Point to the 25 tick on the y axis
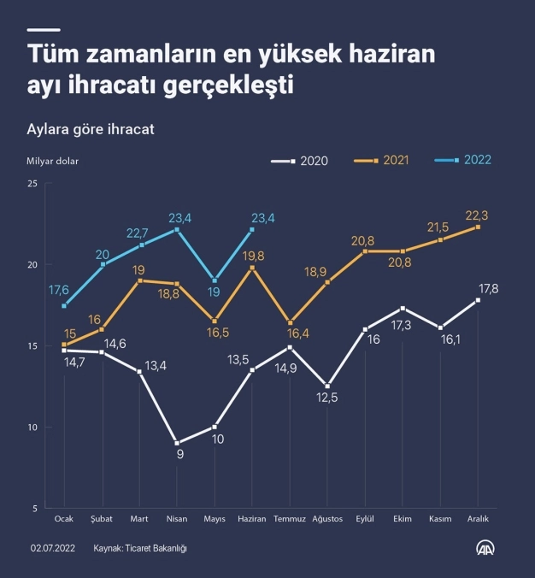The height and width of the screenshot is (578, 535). pos(32,184)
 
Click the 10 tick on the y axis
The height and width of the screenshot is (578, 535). pos(32,428)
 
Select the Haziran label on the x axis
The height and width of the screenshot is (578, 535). pos(252,519)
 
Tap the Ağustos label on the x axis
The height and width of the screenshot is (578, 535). pos(327,519)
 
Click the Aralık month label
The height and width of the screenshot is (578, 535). pos(478,519)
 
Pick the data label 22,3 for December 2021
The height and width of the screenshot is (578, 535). pos(477,214)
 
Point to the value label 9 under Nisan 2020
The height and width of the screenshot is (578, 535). pos(180,455)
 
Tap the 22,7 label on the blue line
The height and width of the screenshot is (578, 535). pos(138,233)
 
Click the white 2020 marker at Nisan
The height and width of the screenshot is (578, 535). pos(177,443)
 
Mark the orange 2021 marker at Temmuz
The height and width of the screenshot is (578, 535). pos(290,321)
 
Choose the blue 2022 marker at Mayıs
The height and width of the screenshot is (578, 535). pos(215,280)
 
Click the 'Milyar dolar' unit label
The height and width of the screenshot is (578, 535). pos(52,159)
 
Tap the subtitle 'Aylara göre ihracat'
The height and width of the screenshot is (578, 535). pos(90,129)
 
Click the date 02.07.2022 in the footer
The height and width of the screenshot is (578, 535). pos(54,548)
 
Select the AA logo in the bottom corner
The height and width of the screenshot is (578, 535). pos(487,547)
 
